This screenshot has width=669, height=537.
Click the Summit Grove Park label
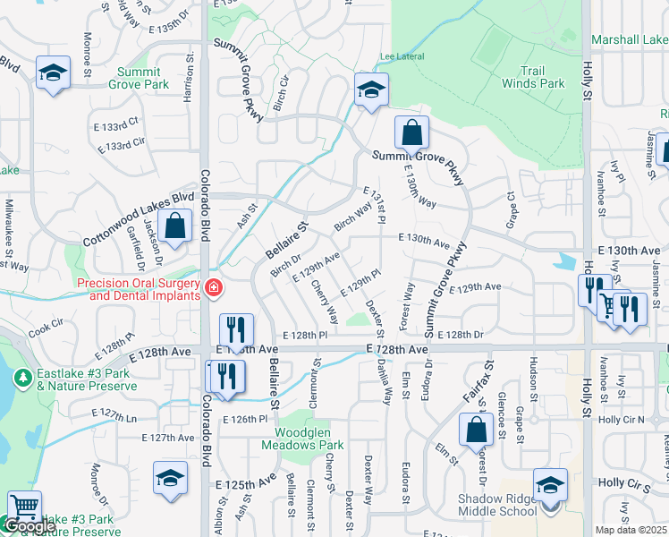139,77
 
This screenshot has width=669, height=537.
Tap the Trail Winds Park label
543,77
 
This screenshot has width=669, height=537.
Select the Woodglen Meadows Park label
302,439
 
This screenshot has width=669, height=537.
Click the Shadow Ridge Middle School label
496,505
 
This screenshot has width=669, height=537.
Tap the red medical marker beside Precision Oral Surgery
214,288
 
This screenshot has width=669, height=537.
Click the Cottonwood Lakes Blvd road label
139,218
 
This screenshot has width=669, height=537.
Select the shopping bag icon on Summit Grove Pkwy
411,133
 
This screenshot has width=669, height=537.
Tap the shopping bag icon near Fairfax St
477,430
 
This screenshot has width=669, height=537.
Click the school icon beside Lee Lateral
369,89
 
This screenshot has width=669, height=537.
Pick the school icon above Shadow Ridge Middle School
550,485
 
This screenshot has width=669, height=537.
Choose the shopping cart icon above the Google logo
24,507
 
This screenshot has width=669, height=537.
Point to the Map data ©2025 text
631,530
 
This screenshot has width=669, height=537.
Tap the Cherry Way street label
325,303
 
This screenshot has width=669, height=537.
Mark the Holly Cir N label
621,419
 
